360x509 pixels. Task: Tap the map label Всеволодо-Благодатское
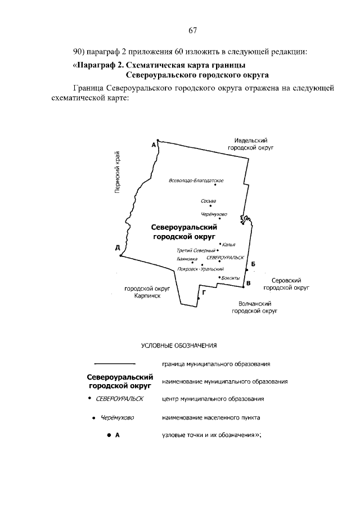196,181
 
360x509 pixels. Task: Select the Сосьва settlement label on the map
208,200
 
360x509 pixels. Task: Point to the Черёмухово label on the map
214,214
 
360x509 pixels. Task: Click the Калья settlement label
228,245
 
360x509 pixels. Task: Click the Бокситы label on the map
231,278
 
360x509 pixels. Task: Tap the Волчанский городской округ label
256,307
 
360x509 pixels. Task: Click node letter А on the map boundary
153,145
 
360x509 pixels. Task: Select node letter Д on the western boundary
117,247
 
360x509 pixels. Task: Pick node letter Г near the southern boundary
203,292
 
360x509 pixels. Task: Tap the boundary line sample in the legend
114,363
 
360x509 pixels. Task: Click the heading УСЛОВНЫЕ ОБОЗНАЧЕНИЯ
178,345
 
